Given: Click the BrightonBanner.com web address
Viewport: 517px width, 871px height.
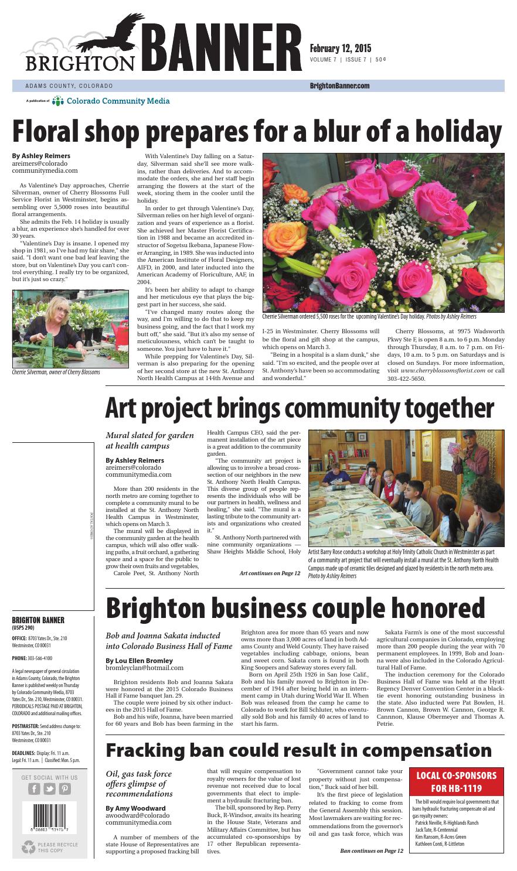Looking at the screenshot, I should [339, 86].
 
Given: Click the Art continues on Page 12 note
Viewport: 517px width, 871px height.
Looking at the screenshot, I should [270, 572].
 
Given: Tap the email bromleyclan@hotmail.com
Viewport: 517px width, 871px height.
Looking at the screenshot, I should [144, 667].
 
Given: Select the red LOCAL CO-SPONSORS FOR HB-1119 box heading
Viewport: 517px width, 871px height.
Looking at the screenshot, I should [457, 781].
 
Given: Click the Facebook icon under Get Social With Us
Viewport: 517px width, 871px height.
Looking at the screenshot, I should [34, 788].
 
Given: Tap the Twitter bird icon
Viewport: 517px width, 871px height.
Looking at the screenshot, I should [50, 788].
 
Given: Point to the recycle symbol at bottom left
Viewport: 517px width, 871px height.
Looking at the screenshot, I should [28, 847].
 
